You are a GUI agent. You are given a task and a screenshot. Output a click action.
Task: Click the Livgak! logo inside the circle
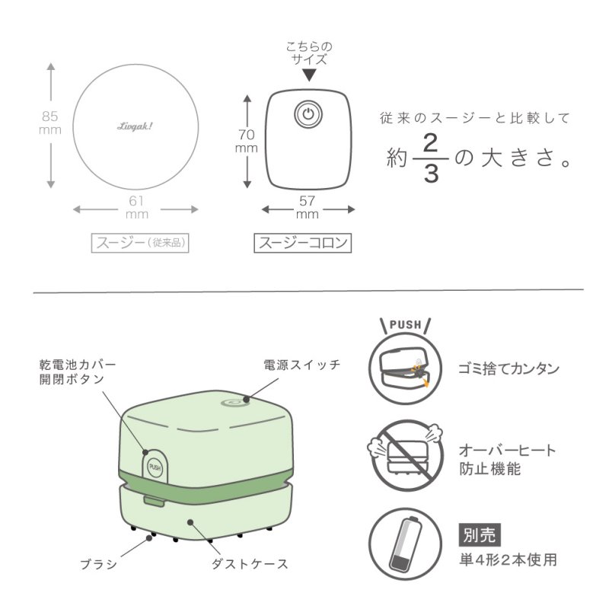[137, 129]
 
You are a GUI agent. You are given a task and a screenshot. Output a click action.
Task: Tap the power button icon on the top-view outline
[308, 115]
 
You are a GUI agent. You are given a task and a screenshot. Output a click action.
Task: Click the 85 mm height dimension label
[49, 123]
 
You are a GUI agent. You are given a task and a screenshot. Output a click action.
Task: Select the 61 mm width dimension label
[137, 208]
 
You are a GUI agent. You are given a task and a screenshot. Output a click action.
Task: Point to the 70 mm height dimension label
[245, 141]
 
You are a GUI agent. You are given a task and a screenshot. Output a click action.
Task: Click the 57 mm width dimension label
[308, 208]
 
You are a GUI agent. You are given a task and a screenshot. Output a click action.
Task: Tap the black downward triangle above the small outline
[308, 75]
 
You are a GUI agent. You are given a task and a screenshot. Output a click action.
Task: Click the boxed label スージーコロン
[303, 243]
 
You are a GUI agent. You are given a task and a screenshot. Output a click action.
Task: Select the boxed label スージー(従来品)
[140, 243]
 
